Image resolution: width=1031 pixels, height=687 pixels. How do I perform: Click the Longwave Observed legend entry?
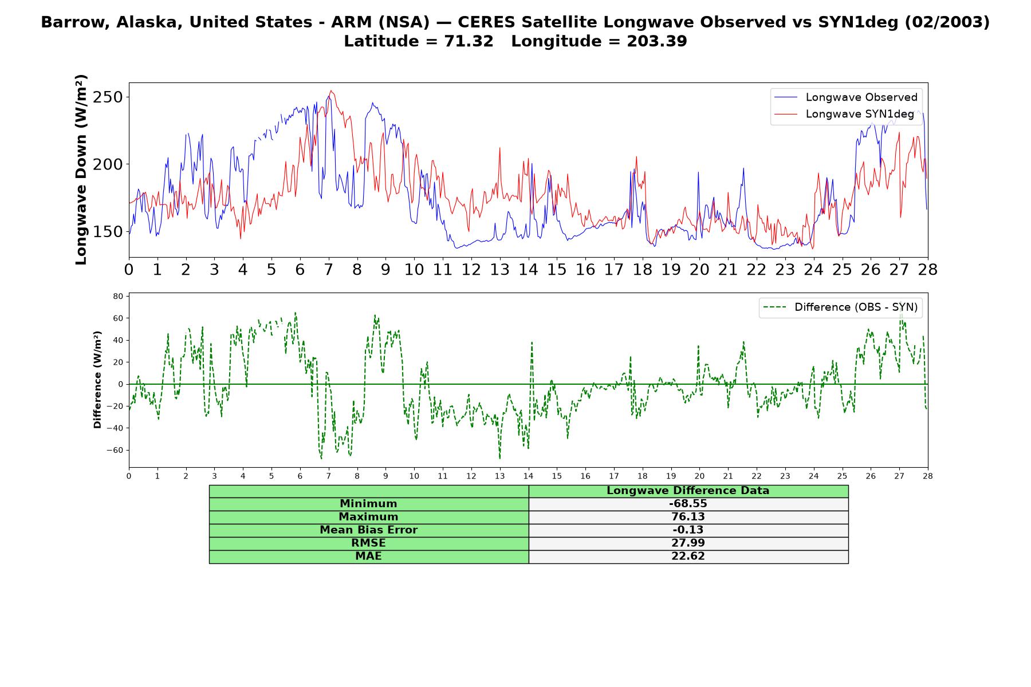pyautogui.click(x=845, y=97)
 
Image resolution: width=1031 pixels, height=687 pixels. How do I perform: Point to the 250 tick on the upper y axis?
pyautogui.click(x=109, y=97)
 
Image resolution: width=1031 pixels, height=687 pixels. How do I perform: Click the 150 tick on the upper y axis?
pyautogui.click(x=109, y=231)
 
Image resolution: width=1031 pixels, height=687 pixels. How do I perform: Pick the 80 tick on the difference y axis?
pyautogui.click(x=119, y=296)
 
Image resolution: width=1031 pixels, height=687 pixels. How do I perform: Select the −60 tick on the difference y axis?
pyautogui.click(x=115, y=450)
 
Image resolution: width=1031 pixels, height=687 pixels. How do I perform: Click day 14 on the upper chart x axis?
pyautogui.click(x=528, y=270)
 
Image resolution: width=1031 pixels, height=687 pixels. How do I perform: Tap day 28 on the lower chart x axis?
pyautogui.click(x=927, y=476)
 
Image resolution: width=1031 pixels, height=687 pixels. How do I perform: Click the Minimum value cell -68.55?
pyautogui.click(x=688, y=504)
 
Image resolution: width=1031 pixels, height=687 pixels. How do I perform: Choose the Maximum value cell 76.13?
pyautogui.click(x=688, y=517)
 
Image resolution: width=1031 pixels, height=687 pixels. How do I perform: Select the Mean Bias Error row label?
pyautogui.click(x=368, y=530)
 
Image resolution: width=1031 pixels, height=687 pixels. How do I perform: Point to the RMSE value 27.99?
pyautogui.click(x=688, y=543)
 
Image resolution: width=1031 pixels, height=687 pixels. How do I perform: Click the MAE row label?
pyautogui.click(x=368, y=556)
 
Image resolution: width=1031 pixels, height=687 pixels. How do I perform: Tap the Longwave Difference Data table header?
pyautogui.click(x=688, y=491)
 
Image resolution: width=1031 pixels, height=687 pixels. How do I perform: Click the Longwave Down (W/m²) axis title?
pyautogui.click(x=81, y=169)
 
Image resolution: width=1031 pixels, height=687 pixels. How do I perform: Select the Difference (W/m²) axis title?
pyautogui.click(x=97, y=380)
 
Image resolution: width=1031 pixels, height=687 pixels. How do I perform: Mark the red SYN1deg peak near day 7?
pyautogui.click(x=331, y=90)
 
